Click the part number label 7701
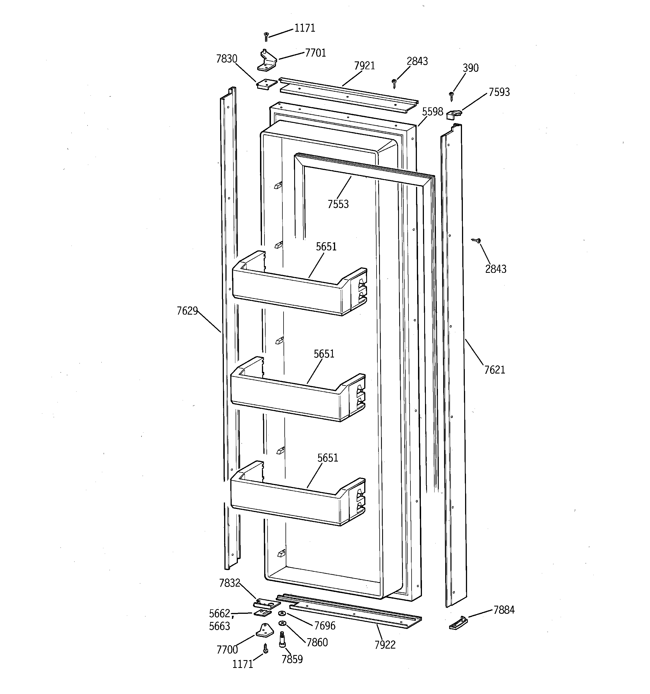click(x=315, y=53)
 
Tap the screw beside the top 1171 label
click(x=266, y=36)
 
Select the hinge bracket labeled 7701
click(x=267, y=60)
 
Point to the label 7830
click(x=226, y=59)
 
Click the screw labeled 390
click(x=452, y=96)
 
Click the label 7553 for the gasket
click(x=338, y=204)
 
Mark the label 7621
click(x=495, y=370)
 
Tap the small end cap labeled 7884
click(x=458, y=622)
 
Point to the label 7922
click(x=385, y=645)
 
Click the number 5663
click(x=219, y=626)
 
